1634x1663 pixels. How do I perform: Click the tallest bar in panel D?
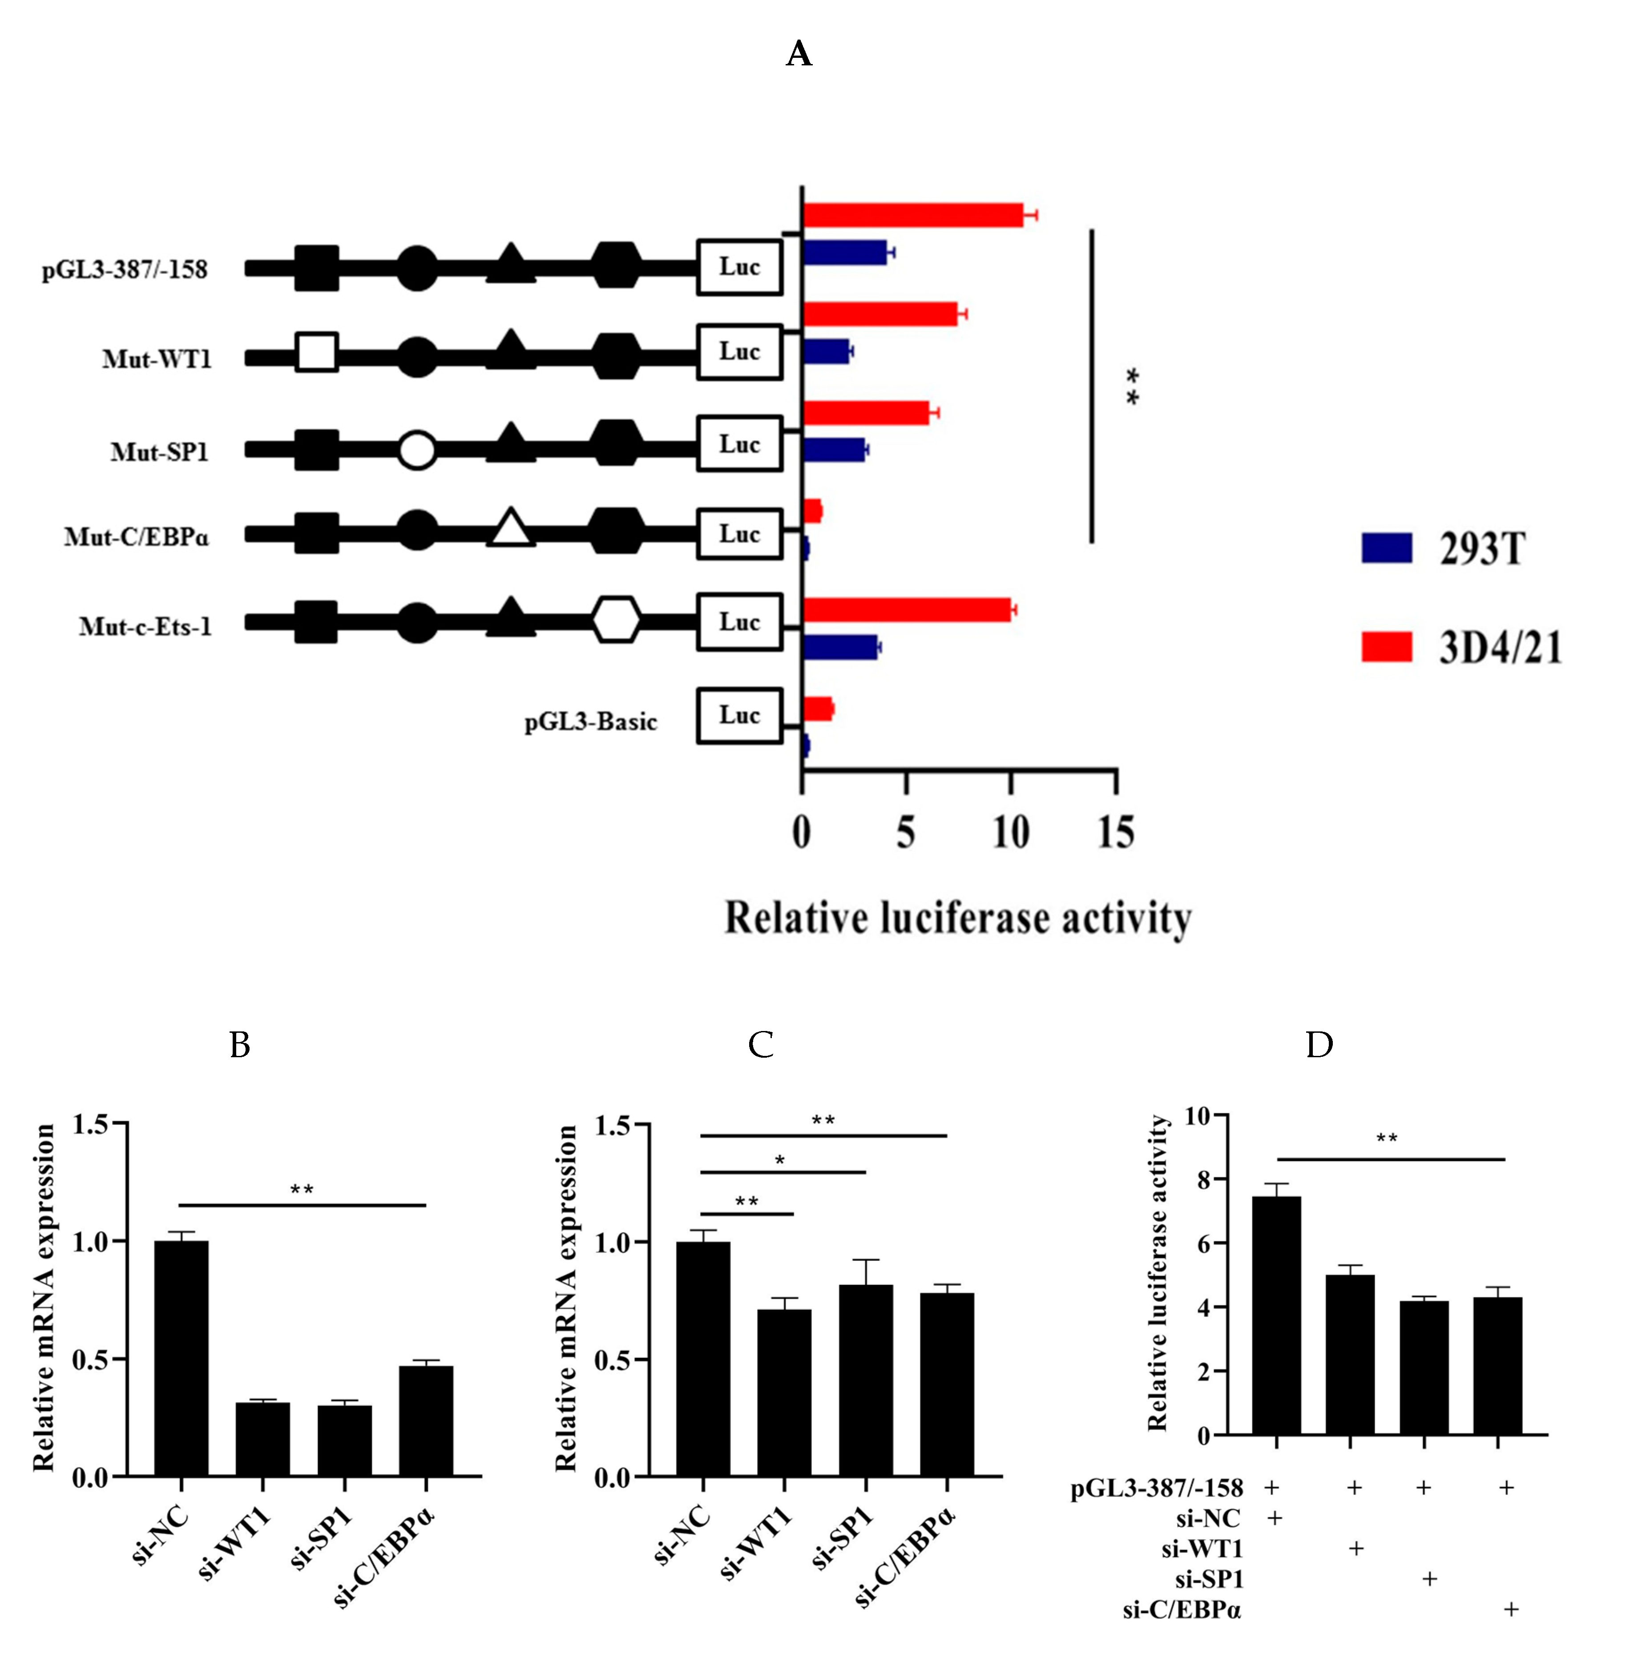[x=1276, y=1315]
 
